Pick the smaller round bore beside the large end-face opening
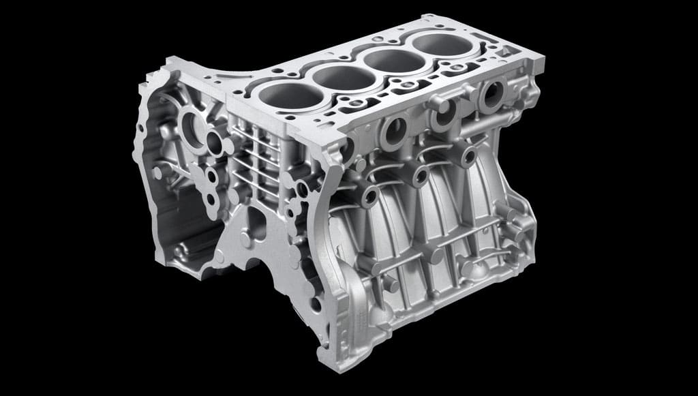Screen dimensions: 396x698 pos(215,144)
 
